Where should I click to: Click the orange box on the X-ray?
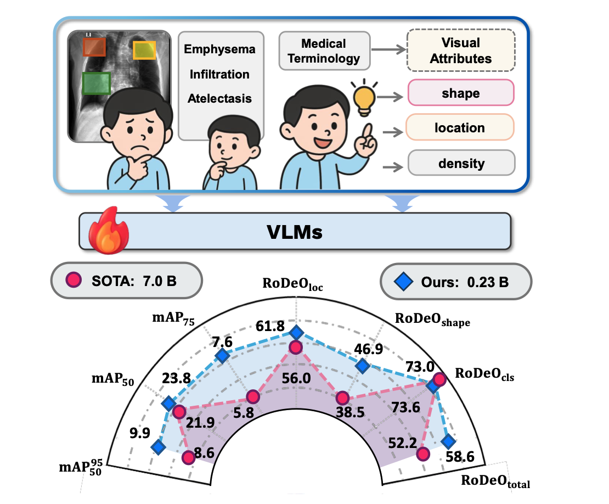click(x=94, y=47)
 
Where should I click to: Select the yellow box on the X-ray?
click(x=144, y=50)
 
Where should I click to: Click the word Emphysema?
click(x=219, y=49)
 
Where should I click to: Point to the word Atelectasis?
click(x=219, y=99)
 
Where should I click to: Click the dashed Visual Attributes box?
click(x=460, y=51)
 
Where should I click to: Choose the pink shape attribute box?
click(x=460, y=93)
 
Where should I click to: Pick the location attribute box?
click(x=460, y=128)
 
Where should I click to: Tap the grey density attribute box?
click(x=461, y=163)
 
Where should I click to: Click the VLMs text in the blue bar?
click(x=295, y=232)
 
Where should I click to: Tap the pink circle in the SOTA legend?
click(x=74, y=282)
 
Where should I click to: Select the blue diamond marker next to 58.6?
click(x=448, y=441)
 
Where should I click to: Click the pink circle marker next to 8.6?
click(x=188, y=456)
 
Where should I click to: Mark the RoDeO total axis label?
click(x=496, y=481)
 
